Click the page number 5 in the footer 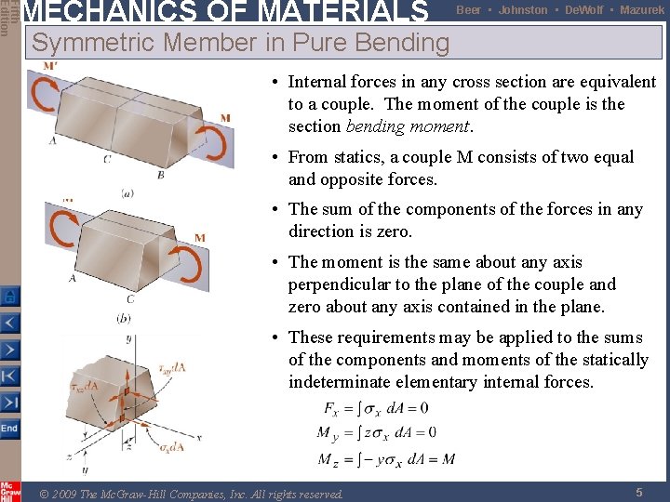click(x=639, y=493)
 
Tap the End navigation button click(x=9, y=428)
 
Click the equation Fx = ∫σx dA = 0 click(x=375, y=408)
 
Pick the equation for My click(x=377, y=432)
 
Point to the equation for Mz click(x=385, y=458)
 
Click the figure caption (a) click(x=127, y=192)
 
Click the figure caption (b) click(x=124, y=317)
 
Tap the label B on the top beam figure click(x=161, y=174)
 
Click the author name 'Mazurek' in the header click(x=642, y=10)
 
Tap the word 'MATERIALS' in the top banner click(x=341, y=11)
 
